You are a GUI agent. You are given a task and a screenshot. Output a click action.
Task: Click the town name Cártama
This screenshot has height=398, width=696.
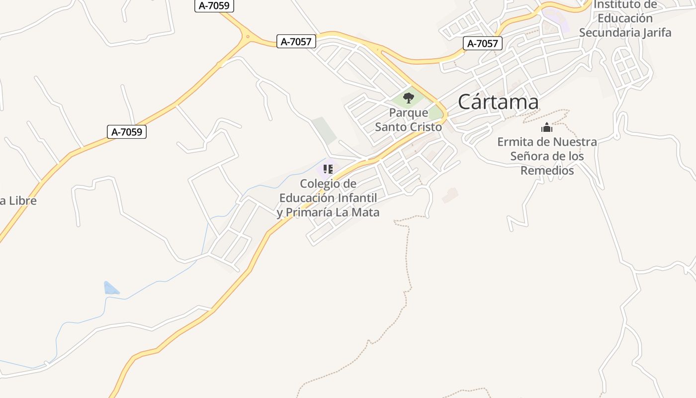pos(498,102)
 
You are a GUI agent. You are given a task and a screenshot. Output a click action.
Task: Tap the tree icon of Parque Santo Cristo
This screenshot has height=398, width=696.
pos(409,98)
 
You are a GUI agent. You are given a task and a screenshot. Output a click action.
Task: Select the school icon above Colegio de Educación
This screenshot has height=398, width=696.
pos(328,169)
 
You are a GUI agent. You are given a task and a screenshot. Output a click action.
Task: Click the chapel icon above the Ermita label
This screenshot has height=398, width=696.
pos(547,128)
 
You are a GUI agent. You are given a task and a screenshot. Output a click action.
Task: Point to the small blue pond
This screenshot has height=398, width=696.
pos(110,289)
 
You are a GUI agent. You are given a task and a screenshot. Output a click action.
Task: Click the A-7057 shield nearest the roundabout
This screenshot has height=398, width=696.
pos(296,42)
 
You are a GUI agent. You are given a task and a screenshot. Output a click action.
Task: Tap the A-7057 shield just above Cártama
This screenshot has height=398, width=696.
pos(483,43)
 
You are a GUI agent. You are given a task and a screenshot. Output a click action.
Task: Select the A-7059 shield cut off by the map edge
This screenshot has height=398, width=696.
pos(214,5)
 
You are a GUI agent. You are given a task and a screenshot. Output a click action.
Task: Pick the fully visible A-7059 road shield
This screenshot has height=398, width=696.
pos(127,132)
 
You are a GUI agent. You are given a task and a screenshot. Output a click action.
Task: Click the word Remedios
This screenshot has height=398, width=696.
pos(547,171)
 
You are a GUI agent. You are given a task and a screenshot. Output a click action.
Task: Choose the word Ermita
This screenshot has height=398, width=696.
pos(515,142)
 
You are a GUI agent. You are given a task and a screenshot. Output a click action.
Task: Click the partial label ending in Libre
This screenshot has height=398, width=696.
pos(18,201)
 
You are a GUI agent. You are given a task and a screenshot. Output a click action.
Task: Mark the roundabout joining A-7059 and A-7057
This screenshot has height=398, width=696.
pos(247,36)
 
